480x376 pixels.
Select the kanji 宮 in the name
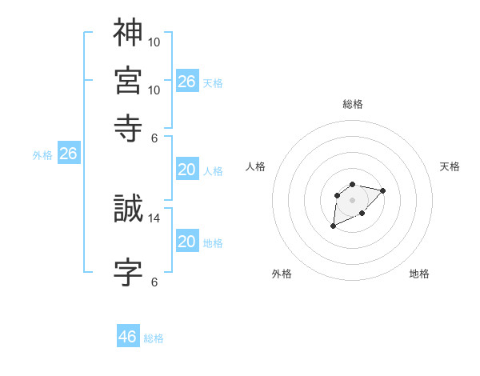(x=128, y=80)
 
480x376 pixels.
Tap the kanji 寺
(x=128, y=126)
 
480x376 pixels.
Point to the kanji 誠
(x=128, y=209)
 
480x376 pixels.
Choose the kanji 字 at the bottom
(x=128, y=272)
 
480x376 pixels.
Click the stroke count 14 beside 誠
(x=155, y=218)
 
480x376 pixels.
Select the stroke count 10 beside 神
(x=155, y=42)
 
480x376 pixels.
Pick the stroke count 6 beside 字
(x=154, y=282)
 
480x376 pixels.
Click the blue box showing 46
(x=128, y=337)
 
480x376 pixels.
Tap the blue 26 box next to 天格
(x=187, y=81)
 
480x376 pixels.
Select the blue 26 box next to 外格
(x=68, y=154)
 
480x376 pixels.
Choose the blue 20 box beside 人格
(x=187, y=170)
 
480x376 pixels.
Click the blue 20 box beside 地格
(x=187, y=241)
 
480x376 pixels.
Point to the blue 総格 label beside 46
(x=154, y=338)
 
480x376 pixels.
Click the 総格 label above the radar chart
(x=353, y=105)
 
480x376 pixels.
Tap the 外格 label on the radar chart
(x=282, y=274)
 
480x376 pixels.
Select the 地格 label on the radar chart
(x=419, y=274)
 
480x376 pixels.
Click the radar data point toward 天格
(x=382, y=190)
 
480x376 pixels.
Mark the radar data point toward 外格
(x=333, y=226)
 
